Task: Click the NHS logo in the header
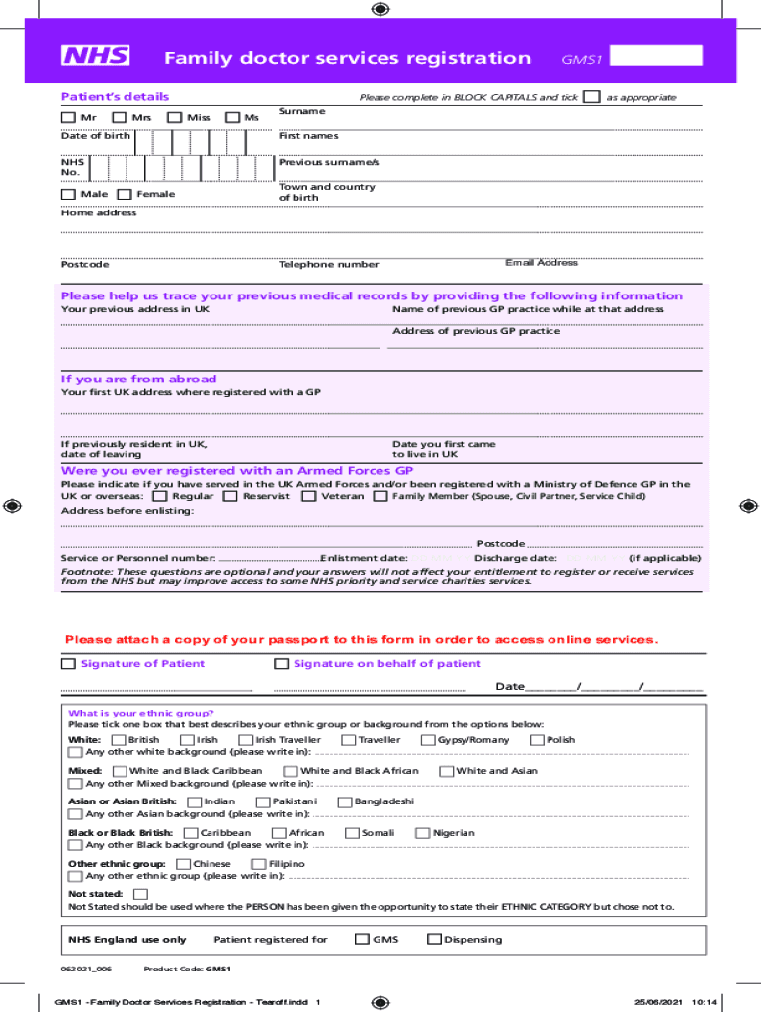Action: (x=96, y=56)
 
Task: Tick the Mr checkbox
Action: (x=68, y=118)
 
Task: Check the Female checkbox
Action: (x=125, y=195)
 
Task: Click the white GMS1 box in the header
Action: (x=657, y=56)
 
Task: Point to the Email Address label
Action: (x=541, y=263)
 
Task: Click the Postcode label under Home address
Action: (x=85, y=265)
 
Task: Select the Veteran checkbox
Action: (x=309, y=496)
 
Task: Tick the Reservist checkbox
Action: (x=230, y=496)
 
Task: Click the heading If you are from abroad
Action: (x=138, y=379)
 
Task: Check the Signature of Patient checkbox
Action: (x=68, y=664)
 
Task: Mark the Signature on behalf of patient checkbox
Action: (x=282, y=664)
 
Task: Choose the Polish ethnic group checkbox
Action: (x=538, y=740)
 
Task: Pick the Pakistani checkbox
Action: (x=263, y=801)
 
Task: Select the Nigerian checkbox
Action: (x=424, y=833)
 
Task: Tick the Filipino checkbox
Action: (x=259, y=864)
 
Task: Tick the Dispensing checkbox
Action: (x=434, y=940)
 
